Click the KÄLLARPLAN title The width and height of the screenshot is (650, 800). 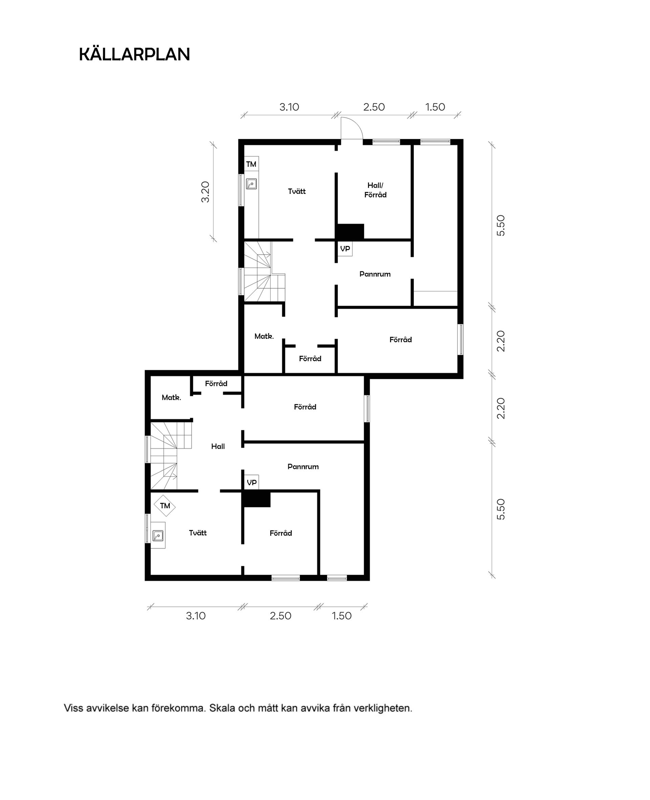[x=134, y=55]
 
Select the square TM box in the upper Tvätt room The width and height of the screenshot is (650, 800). [x=251, y=164]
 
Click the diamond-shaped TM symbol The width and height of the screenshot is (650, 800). [x=165, y=506]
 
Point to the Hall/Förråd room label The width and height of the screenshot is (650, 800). [x=375, y=190]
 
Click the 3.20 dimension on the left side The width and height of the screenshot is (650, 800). [x=205, y=192]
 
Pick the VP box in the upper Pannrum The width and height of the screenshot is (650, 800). [x=345, y=249]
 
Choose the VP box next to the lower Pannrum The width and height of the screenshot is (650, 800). [x=252, y=483]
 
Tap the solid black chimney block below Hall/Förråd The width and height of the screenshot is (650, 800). [x=350, y=231]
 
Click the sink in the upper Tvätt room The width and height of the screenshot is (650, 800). [x=251, y=184]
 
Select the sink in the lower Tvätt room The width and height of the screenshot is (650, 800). [x=158, y=536]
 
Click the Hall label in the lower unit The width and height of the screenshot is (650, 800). [x=218, y=446]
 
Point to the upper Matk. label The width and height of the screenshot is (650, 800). [x=264, y=336]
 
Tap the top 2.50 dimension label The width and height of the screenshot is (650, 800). [x=374, y=107]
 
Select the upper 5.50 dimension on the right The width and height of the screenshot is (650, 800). [x=501, y=225]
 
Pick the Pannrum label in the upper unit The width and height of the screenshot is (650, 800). [x=375, y=274]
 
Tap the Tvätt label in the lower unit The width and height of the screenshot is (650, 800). [x=198, y=533]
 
